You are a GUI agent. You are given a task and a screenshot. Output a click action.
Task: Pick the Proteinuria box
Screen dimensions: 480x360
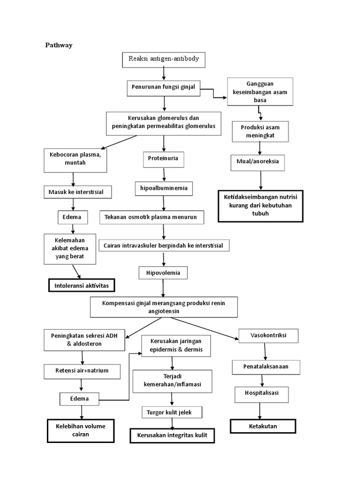(163, 159)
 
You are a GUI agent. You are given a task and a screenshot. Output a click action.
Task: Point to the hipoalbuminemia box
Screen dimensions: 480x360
(163, 188)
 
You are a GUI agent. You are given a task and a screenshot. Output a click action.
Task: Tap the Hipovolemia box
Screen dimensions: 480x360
(163, 273)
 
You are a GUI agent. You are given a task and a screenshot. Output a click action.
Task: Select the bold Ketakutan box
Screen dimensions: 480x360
(262, 426)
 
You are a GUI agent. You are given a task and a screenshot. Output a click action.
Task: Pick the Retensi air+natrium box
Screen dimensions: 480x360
(82, 371)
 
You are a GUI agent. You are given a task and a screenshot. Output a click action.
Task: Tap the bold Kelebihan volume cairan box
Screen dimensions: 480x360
(81, 430)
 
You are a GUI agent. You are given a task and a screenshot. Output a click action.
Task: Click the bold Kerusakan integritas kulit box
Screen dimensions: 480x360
(172, 435)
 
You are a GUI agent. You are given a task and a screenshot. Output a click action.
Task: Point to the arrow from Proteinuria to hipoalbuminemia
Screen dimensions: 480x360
(164, 174)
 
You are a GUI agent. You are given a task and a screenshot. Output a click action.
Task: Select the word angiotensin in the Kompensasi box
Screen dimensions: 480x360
(164, 311)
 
